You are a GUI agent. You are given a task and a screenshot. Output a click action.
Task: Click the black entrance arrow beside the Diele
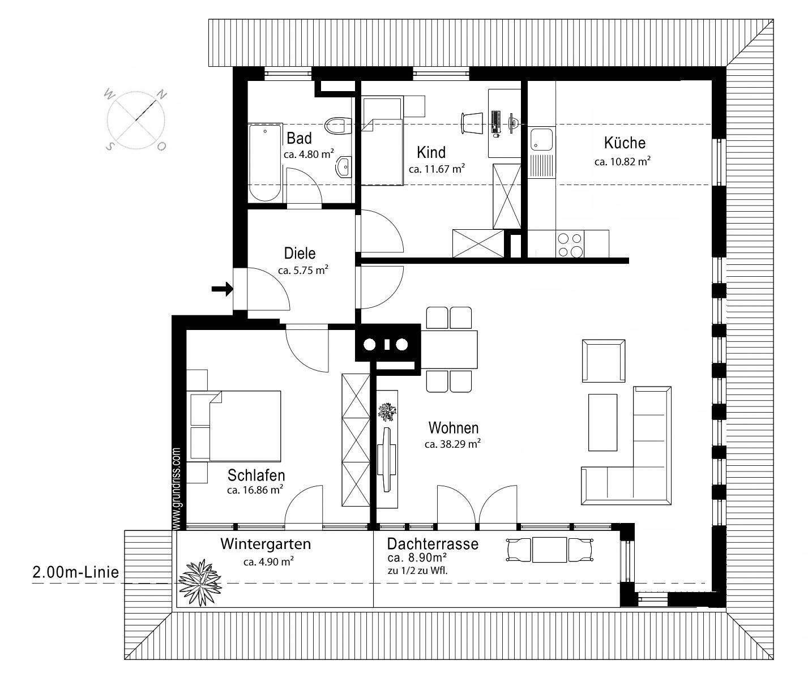tap(222, 289)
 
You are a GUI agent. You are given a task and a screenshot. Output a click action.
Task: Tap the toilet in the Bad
tap(338, 125)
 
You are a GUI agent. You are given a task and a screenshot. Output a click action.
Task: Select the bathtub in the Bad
tap(265, 162)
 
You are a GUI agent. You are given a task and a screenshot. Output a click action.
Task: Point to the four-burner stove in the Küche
tap(570, 245)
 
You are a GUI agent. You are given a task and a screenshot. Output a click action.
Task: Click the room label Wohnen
tap(453, 427)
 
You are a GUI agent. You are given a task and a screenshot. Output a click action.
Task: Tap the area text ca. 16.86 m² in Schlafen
tap(255, 490)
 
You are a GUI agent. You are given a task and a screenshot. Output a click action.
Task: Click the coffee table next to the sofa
tap(602, 422)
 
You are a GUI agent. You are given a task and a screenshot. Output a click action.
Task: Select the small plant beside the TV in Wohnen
tap(387, 411)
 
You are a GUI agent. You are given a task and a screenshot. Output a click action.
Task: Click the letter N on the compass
tap(161, 95)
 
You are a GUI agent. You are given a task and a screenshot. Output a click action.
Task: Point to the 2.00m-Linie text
tap(75, 572)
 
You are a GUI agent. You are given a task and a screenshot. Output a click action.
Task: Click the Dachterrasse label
tap(433, 544)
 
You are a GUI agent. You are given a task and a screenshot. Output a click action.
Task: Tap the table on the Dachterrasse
tap(549, 550)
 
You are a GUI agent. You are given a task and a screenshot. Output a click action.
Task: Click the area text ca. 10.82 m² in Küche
tap(622, 161)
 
